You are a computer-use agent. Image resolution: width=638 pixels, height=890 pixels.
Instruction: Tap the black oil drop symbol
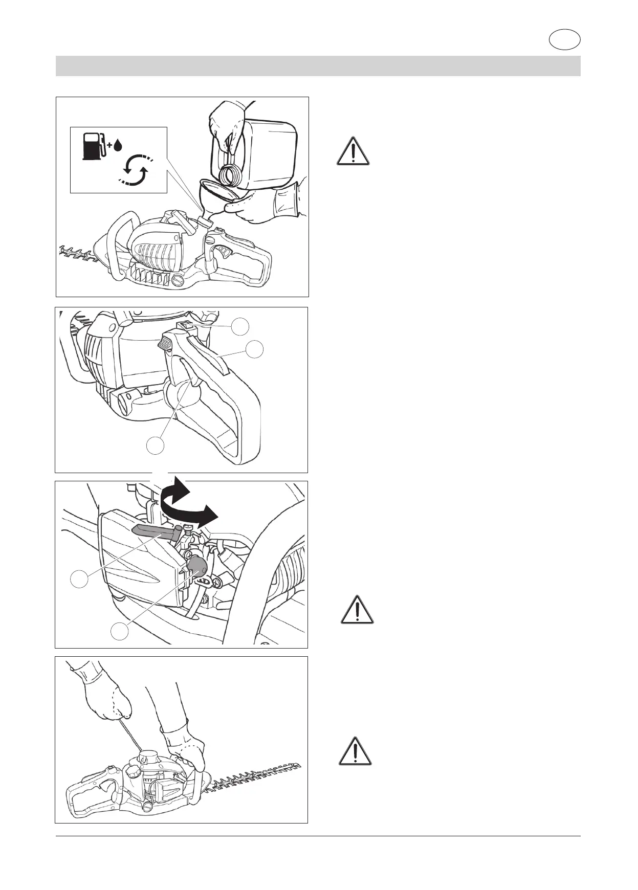[118, 146]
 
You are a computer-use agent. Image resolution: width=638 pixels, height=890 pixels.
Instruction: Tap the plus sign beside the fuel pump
[109, 146]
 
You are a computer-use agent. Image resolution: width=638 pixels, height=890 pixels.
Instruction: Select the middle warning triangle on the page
[358, 610]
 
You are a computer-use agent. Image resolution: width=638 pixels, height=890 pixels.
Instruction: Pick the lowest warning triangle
[355, 751]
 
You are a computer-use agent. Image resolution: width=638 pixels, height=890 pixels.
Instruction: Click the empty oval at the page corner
[565, 40]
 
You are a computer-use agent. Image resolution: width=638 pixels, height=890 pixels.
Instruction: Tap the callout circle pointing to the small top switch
[241, 326]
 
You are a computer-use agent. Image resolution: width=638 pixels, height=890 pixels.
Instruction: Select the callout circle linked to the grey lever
[79, 580]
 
